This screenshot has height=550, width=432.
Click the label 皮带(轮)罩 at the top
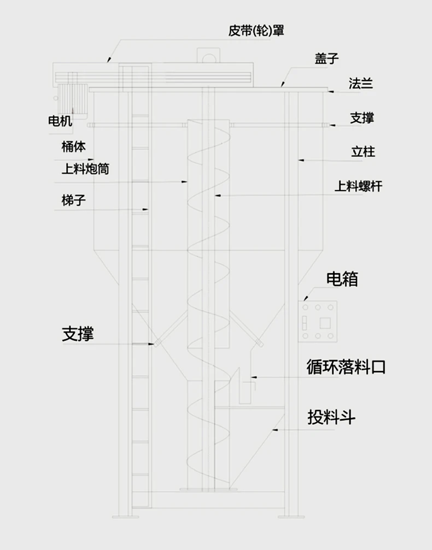[x=256, y=30]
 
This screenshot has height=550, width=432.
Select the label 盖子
[x=326, y=58]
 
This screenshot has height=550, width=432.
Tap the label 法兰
[x=361, y=84]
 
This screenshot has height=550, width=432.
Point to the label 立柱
[x=363, y=151]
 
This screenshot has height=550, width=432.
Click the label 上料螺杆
[x=358, y=187]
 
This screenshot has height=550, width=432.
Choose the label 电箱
[x=342, y=279]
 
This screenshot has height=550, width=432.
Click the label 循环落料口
[x=346, y=367]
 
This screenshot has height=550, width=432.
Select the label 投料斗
[x=331, y=418]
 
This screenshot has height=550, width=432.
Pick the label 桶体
[x=73, y=146]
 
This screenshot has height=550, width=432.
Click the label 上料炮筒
[x=85, y=169]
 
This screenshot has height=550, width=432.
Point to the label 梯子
[x=73, y=200]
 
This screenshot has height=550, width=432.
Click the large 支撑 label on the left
[x=78, y=334]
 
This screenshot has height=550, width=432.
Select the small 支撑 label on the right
[x=362, y=117]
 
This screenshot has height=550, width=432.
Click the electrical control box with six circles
[x=318, y=322]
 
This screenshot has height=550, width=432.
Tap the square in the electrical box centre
[x=318, y=322]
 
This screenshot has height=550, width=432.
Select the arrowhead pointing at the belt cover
[x=108, y=59]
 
